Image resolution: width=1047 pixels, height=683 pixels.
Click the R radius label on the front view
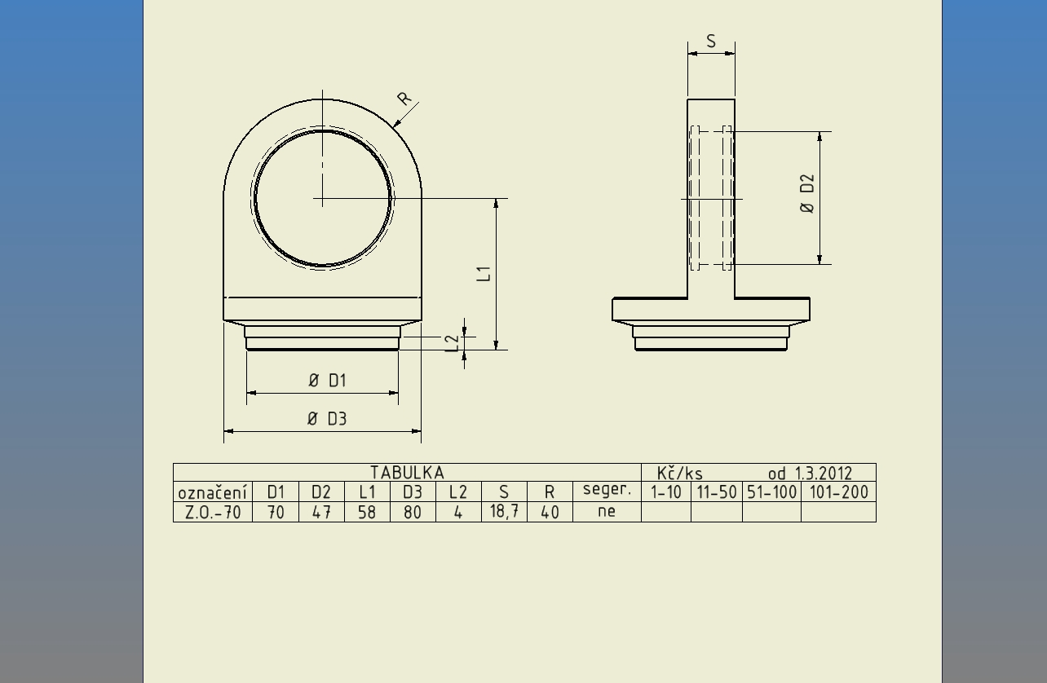coord(404,98)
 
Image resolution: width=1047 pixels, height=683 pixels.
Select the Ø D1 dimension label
coord(328,381)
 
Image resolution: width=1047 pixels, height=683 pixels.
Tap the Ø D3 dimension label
coord(327,419)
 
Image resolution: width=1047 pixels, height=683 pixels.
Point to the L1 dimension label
coord(484,274)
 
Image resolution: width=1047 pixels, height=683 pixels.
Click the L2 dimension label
coord(453,343)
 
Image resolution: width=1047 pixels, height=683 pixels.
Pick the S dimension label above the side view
coord(711,42)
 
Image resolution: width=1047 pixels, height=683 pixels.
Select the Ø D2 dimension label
coord(807,193)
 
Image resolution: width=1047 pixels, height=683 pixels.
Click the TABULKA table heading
coord(407,473)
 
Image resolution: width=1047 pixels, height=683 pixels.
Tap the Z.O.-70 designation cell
coord(213,513)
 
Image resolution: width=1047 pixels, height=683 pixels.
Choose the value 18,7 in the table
coord(504,512)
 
